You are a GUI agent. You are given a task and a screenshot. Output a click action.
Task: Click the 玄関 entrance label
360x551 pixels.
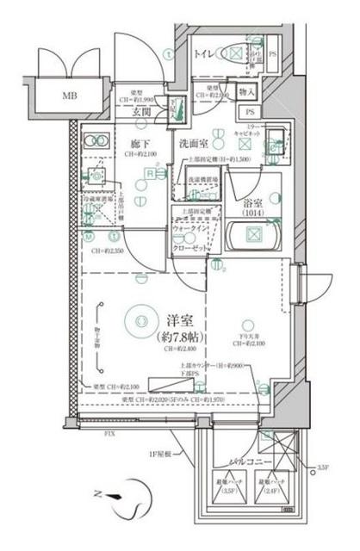142,110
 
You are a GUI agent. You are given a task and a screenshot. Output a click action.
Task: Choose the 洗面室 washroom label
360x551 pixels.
195,144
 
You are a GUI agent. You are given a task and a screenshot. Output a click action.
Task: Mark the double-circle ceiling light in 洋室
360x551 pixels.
137,320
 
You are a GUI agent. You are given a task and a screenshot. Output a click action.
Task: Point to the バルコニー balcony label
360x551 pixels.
250,464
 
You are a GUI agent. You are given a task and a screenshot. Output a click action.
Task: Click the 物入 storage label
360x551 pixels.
247,91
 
